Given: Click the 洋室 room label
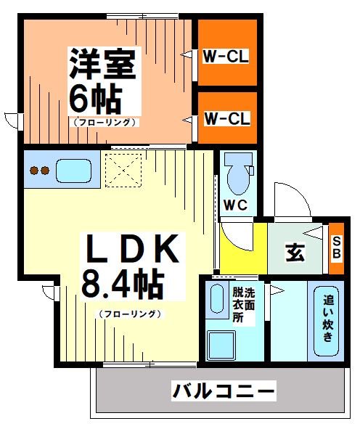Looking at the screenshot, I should point(102,64).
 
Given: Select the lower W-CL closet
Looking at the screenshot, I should point(227,118).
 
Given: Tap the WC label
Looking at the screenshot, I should point(235,205).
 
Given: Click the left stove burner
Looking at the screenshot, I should point(33,171).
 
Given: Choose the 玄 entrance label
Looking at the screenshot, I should point(294,253).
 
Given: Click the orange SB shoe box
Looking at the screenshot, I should point(336,248).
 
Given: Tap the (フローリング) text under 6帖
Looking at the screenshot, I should point(105,123).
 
